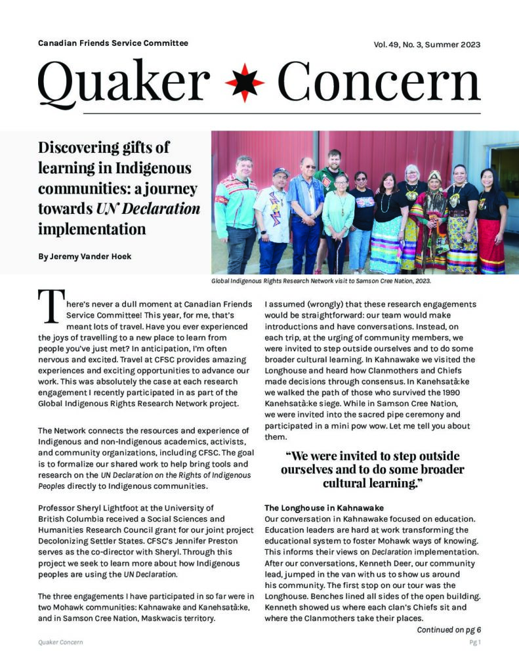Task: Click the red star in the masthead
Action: pyautogui.click(x=244, y=83)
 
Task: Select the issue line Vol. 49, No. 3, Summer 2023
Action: pyautogui.click(x=427, y=45)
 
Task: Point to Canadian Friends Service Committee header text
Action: pyautogui.click(x=113, y=43)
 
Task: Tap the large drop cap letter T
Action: pyautogui.click(x=49, y=308)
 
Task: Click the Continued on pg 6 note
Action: pyautogui.click(x=449, y=630)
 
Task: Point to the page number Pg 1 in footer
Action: pyautogui.click(x=475, y=642)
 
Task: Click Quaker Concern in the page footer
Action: pyautogui.click(x=60, y=642)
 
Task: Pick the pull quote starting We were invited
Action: pyautogui.click(x=372, y=469)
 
